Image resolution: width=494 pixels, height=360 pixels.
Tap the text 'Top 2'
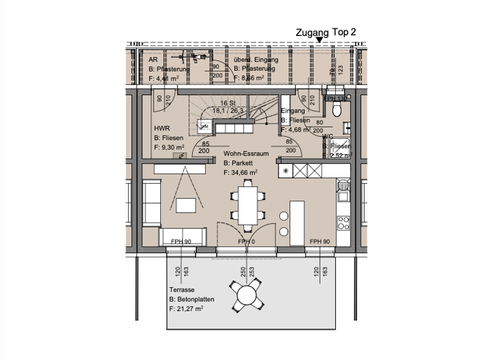pyautogui.click(x=344, y=32)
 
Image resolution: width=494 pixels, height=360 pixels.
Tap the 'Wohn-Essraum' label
pyautogui.click(x=246, y=154)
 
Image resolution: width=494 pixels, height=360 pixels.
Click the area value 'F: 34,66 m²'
pyautogui.click(x=241, y=172)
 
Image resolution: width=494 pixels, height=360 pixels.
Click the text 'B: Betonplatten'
pyautogui.click(x=192, y=300)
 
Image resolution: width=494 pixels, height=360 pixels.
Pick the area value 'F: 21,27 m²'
pyautogui.click(x=187, y=309)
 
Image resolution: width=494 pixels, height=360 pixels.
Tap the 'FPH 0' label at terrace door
pyautogui.click(x=246, y=241)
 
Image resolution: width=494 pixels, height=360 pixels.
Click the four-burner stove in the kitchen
pyautogui.click(x=343, y=223)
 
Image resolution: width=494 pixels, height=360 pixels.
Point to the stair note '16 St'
pyautogui.click(x=226, y=103)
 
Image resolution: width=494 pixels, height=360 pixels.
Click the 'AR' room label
pyautogui.click(x=153, y=59)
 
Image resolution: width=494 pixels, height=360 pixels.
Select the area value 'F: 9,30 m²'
pyautogui.click(x=170, y=147)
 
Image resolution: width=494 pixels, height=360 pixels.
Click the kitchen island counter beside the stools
pyautogui.click(x=297, y=222)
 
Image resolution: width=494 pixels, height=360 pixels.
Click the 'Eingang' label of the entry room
pyautogui.click(x=293, y=111)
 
